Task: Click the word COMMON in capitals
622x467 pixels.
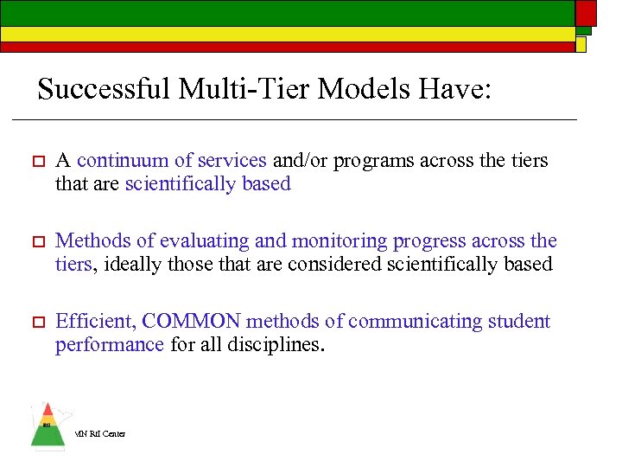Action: (191, 322)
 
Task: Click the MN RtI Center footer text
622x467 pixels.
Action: (100, 434)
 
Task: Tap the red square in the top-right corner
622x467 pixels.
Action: (587, 12)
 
